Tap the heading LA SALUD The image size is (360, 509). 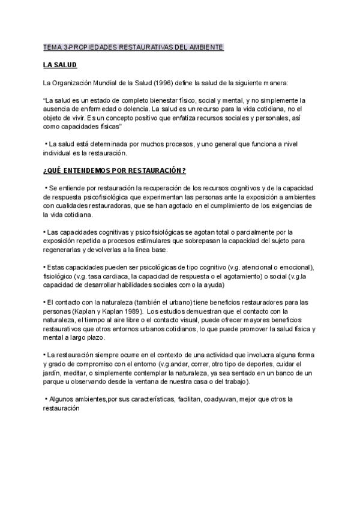[60, 64]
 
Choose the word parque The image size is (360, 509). [55, 382]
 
